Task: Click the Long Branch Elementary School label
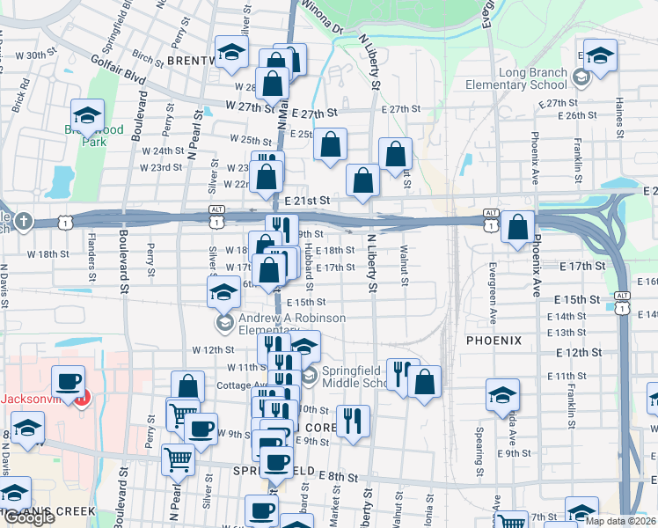[x=532, y=79]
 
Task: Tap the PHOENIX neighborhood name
[x=493, y=340]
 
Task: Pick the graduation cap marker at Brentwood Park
[x=88, y=115]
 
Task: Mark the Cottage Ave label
[x=240, y=385]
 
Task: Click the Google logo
[x=29, y=517]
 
